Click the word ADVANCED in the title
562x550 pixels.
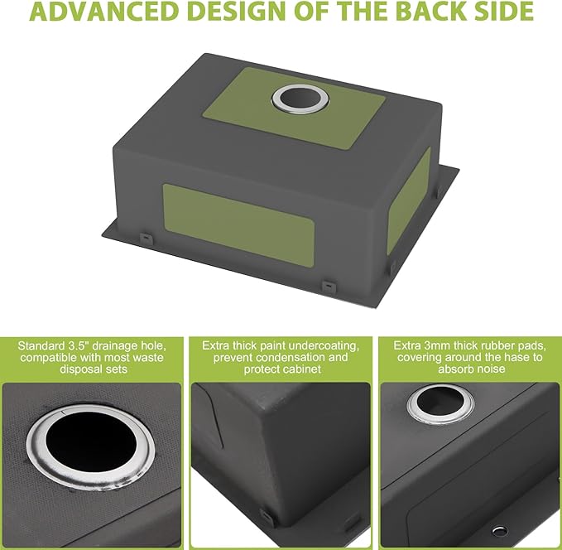pyautogui.click(x=104, y=11)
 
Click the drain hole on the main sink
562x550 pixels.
pyautogui.click(x=300, y=99)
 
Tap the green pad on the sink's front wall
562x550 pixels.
pyautogui.click(x=239, y=224)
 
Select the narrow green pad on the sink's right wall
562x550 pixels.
pyautogui.click(x=409, y=201)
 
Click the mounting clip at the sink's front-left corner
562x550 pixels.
pyautogui.click(x=146, y=238)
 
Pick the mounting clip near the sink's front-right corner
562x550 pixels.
pyautogui.click(x=329, y=286)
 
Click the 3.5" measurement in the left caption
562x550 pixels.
pyautogui.click(x=78, y=346)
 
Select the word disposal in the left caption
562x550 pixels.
pyautogui.click(x=79, y=369)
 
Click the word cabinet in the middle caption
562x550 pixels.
pyautogui.click(x=300, y=369)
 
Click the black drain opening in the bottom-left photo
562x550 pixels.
pyautogui.click(x=91, y=443)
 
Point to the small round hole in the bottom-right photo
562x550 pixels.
pyautogui.click(x=500, y=531)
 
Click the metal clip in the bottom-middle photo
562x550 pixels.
pyautogui.click(x=267, y=518)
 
